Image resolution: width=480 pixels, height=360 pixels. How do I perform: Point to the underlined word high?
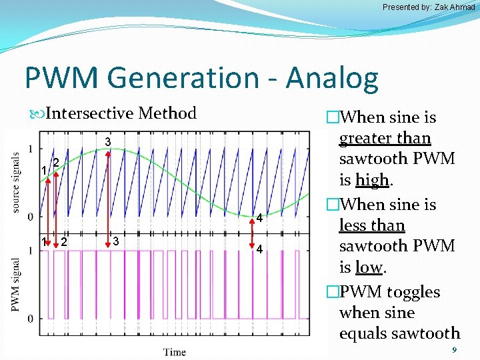[371, 180]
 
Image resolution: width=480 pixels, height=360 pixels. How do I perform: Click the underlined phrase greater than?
[385, 139]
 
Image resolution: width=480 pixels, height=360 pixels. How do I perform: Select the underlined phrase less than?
[371, 225]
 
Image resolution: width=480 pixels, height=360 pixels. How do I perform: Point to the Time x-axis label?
[175, 351]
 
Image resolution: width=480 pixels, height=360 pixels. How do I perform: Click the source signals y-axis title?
[15, 182]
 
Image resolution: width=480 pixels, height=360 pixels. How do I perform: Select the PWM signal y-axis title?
[15, 283]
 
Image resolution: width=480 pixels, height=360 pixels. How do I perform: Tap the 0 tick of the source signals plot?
[30, 217]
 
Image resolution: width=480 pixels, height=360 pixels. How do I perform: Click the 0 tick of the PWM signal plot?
[30, 319]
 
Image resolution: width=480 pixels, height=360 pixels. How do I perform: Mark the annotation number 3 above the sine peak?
[107, 141]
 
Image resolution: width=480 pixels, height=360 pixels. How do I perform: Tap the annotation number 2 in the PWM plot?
[64, 241]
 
